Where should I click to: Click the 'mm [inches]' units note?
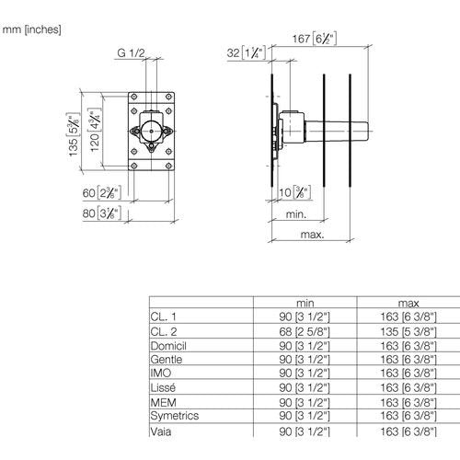(x=31, y=29)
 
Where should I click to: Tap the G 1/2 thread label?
(x=131, y=52)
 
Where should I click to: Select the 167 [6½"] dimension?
(x=315, y=39)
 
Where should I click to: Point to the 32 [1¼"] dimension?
(x=246, y=52)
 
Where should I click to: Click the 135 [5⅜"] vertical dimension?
(x=74, y=134)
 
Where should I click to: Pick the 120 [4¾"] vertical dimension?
(x=95, y=130)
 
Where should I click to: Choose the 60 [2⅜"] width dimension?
(x=102, y=193)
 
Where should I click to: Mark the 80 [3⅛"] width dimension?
(x=102, y=213)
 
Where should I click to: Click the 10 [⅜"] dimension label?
(x=294, y=192)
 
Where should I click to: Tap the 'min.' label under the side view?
(x=296, y=214)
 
